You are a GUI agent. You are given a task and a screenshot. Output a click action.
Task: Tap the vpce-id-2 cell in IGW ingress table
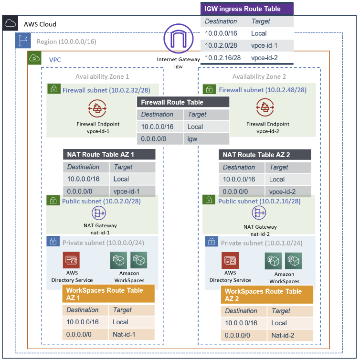[x=264, y=57]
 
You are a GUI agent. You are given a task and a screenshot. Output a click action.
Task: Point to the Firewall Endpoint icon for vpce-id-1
[x=98, y=109]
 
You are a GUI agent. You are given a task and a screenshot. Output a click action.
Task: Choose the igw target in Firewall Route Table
[x=193, y=139]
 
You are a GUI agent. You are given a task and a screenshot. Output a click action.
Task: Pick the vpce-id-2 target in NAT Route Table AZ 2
[x=282, y=191]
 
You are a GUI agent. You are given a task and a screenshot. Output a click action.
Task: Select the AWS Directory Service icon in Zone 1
[x=72, y=260]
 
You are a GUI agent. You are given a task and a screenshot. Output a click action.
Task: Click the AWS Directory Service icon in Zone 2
[x=230, y=261]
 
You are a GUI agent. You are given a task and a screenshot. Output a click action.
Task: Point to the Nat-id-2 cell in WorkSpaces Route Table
[x=283, y=335]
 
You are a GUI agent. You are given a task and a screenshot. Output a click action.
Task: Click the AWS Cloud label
[x=40, y=24]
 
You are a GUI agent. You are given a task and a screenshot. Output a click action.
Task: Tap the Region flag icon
[x=22, y=41]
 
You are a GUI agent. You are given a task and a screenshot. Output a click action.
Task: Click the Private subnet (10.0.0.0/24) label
[x=103, y=243]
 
